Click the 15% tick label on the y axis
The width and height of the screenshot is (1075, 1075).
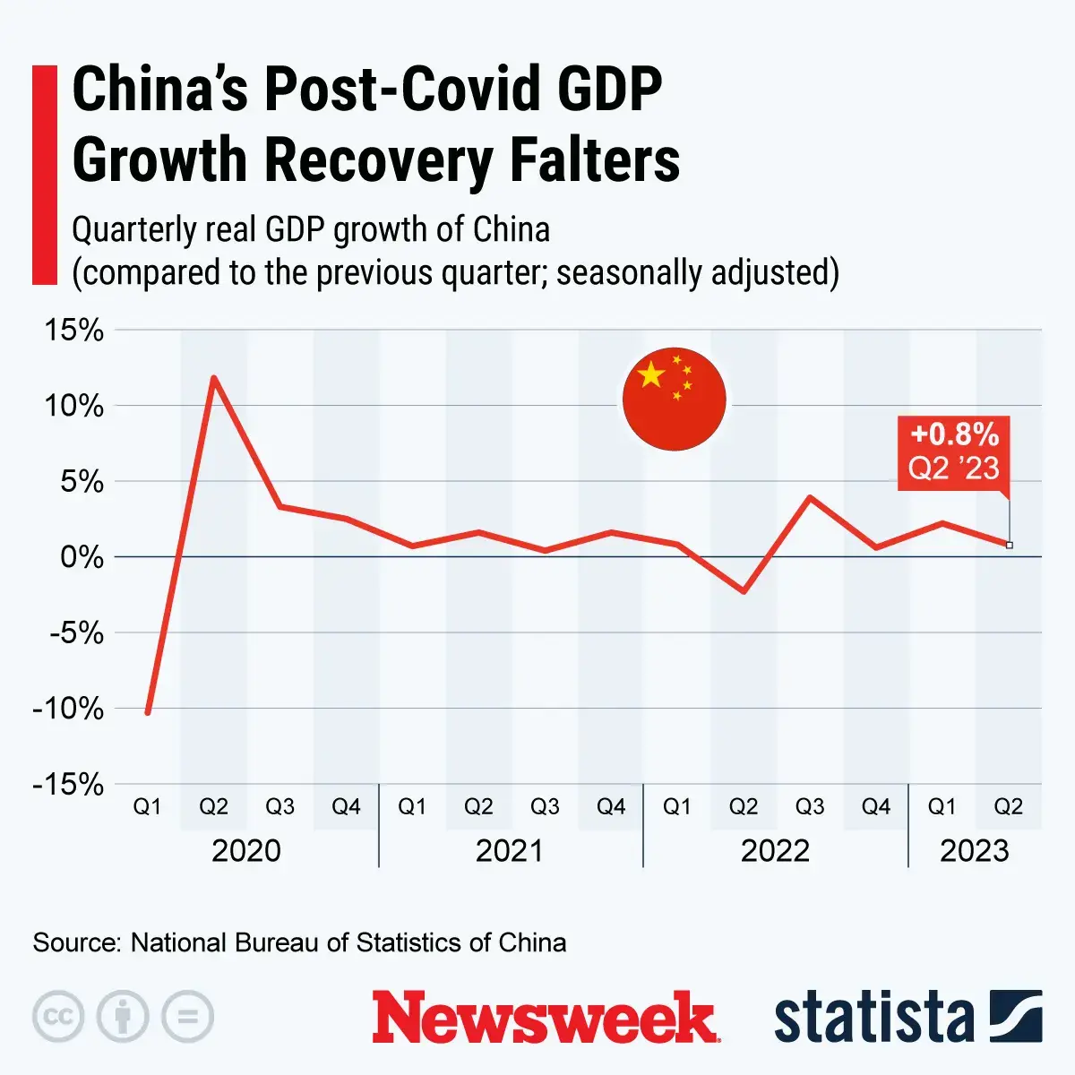coord(74,331)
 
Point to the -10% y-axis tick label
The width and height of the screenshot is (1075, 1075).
coord(68,709)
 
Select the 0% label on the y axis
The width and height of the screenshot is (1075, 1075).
coord(82,557)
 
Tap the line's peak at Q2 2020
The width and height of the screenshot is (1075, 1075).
coord(213,378)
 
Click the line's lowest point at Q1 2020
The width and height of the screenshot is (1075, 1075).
coord(148,712)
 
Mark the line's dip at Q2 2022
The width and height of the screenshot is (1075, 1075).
coord(744,591)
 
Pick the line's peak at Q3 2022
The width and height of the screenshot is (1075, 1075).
coord(810,497)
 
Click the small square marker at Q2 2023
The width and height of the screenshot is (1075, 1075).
coord(1010,545)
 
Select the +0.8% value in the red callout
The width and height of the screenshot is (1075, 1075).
coord(954,435)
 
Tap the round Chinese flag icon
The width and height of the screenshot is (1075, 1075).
coord(674,399)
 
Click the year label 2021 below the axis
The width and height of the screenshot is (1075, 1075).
coord(510,850)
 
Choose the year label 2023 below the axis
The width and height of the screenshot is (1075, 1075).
coord(974,850)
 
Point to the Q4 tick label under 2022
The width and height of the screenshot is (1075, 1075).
coord(875,807)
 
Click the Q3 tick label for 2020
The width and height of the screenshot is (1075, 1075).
coord(279,807)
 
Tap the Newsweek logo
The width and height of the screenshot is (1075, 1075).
coord(545,1017)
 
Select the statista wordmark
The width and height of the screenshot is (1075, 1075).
coord(873,1018)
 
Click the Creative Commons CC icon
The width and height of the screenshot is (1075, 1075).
coord(58,1017)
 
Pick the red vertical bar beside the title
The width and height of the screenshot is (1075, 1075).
coord(45,175)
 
